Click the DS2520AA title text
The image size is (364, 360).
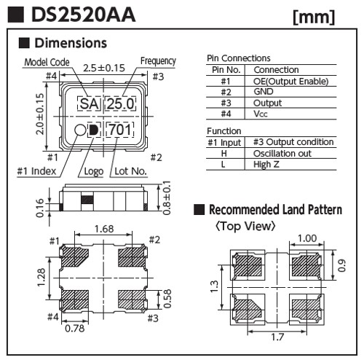pyautogui.click(x=83, y=15)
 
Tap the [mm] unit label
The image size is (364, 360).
pyautogui.click(x=314, y=17)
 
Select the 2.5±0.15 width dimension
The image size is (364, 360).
pyautogui.click(x=104, y=68)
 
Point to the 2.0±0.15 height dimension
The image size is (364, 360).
pyautogui.click(x=40, y=114)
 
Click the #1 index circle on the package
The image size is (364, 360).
pyautogui.click(x=80, y=130)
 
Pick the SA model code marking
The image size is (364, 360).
pyautogui.click(x=90, y=103)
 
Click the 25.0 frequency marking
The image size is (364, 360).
pyautogui.click(x=120, y=103)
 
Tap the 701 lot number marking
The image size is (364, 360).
pyautogui.click(x=120, y=129)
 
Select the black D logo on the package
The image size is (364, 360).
pyautogui.click(x=94, y=130)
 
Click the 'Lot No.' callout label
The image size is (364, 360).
pyautogui.click(x=130, y=171)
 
